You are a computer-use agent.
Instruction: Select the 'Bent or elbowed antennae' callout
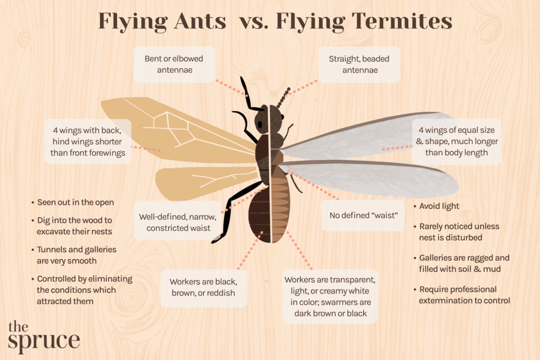point(173,64)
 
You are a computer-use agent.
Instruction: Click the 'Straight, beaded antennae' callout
point(359,64)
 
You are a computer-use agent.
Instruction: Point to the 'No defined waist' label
point(363,215)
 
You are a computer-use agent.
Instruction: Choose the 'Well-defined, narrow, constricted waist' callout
point(175,222)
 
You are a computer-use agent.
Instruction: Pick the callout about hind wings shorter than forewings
point(88,141)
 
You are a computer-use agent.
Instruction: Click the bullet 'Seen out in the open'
point(75,202)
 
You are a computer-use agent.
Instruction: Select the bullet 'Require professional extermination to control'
point(464,295)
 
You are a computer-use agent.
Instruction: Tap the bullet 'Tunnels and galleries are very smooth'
point(76,255)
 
